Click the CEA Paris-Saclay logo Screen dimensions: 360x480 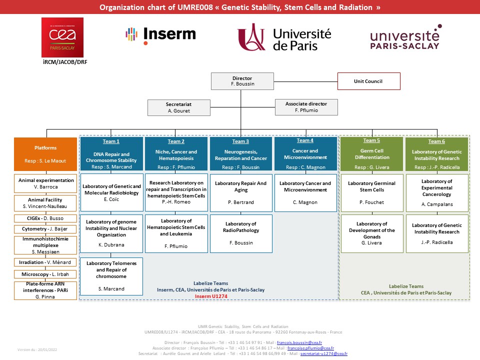pos(62,37)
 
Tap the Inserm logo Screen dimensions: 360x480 pos(160,34)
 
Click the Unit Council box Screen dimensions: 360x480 pos(369,81)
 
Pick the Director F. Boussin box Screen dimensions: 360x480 pos(242,81)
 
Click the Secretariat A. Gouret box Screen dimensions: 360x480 pos(178,107)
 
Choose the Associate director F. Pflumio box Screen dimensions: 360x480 pos(306,107)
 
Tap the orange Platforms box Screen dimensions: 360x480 pos(45,154)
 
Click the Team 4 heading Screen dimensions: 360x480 pos(304,140)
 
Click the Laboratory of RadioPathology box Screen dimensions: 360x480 pos(241,233)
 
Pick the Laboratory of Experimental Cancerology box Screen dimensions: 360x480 pos(436,192)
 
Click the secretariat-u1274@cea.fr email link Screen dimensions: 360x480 pos(323,353)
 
